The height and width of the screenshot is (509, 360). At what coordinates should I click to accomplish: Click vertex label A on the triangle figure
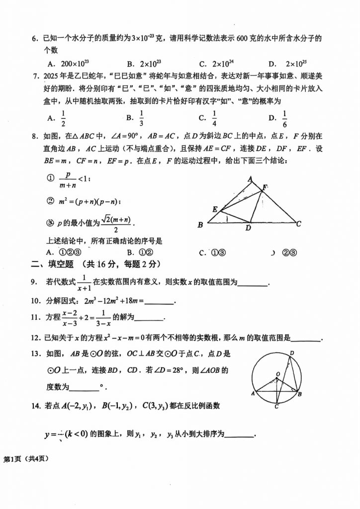coord(251,179)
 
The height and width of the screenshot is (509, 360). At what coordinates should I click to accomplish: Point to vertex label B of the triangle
coord(200,225)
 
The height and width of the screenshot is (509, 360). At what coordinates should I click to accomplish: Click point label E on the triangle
coord(214,209)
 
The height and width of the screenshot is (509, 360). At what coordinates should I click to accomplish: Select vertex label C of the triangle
coord(299,224)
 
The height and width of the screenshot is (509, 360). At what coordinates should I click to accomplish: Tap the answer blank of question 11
coord(149,319)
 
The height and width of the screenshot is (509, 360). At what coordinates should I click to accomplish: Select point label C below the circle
coord(276,407)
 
